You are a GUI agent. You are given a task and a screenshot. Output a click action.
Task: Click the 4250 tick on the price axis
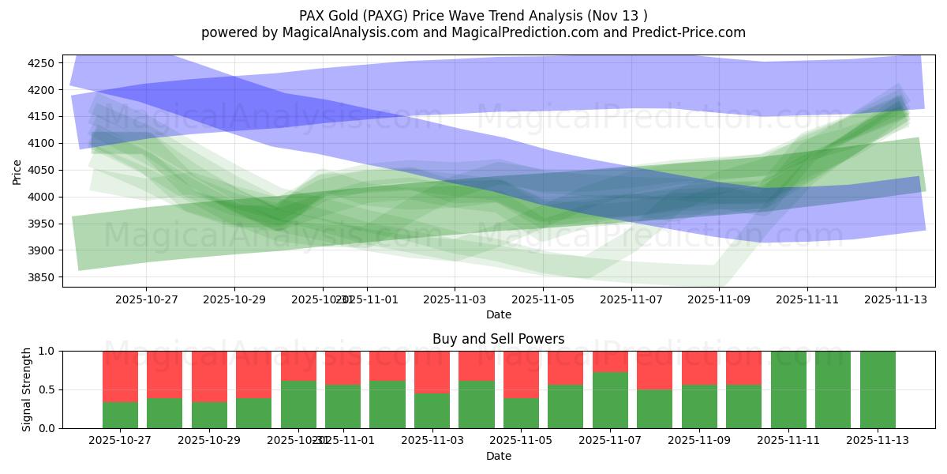pos(41,63)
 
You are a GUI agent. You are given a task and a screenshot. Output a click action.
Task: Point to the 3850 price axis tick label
pos(41,277)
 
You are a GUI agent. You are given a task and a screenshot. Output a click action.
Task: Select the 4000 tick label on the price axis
pos(41,197)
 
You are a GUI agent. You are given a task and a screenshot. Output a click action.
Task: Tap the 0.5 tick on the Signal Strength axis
pos(48,389)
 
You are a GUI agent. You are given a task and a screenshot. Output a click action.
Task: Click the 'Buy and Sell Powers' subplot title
pos(498,339)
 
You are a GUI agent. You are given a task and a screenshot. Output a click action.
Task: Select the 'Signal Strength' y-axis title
pos(26,389)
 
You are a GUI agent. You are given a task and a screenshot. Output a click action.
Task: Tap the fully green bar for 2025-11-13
pos(878,389)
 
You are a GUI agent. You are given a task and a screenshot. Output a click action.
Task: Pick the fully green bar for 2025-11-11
pos(788,389)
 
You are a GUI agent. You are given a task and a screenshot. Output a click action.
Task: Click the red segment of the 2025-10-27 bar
pos(120,376)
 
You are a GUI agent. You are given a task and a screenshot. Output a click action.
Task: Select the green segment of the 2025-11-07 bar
pos(610,401)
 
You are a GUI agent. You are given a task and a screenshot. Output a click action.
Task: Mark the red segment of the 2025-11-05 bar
pos(521,374)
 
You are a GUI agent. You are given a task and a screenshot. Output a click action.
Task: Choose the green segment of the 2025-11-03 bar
pos(432,411)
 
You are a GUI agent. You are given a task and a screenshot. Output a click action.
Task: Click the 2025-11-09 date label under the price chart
pos(719,300)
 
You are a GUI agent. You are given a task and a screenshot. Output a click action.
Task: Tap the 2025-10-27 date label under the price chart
pos(146,300)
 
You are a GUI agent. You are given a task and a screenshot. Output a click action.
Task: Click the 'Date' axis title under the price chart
pos(498,314)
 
